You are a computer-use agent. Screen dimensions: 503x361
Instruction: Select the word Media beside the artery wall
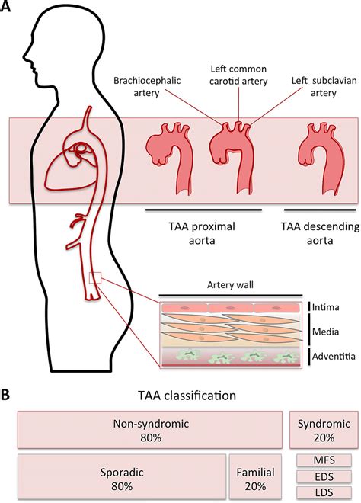point(327,332)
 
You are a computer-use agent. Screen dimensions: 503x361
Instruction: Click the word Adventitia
point(332,357)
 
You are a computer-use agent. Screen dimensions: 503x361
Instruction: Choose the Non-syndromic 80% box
point(149,431)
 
